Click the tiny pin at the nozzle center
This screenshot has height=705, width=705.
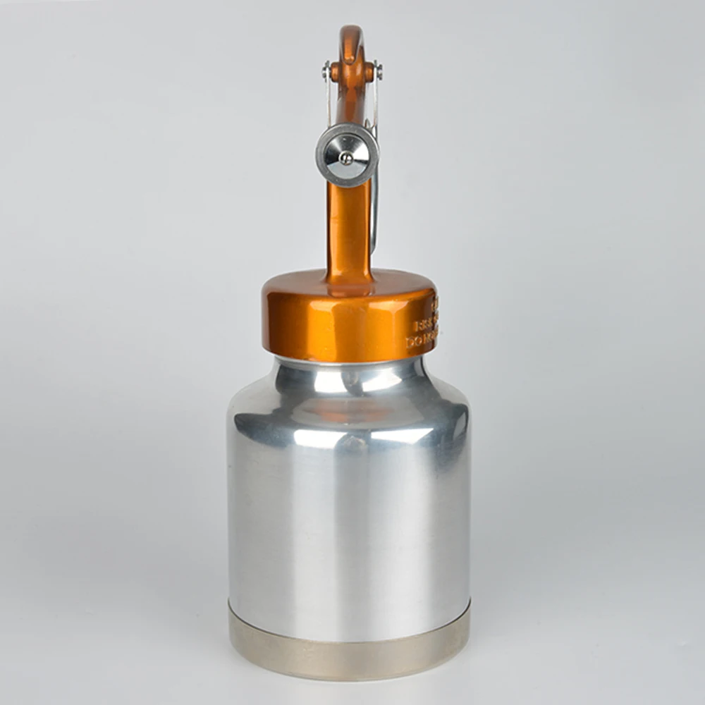pos(346,158)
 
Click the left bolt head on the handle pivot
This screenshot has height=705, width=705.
pos(326,70)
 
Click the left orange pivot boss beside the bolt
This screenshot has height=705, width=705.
pos(336,71)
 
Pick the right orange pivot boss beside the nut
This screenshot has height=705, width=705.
pos(369,71)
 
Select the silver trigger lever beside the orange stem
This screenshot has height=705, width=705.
pos(374,211)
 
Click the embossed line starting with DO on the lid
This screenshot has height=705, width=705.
pos(422,342)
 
